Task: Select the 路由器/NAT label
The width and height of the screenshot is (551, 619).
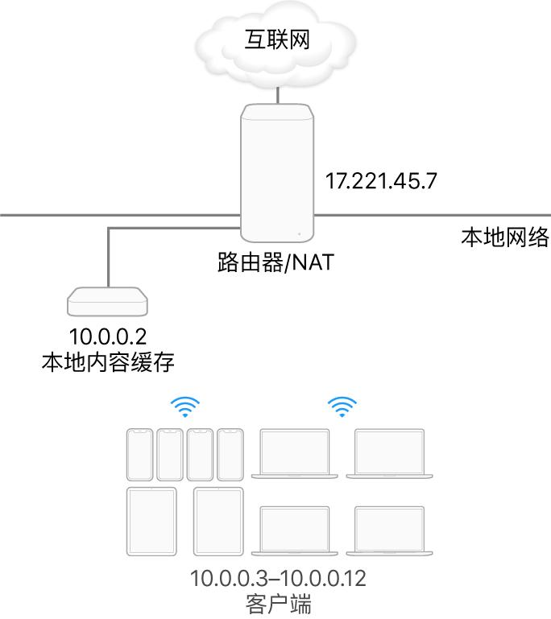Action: click(276, 263)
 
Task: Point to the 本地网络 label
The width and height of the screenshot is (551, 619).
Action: click(504, 237)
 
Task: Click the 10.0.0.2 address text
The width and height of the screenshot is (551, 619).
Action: click(109, 335)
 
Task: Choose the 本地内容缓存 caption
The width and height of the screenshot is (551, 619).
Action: click(109, 361)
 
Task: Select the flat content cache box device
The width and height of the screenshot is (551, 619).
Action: click(109, 302)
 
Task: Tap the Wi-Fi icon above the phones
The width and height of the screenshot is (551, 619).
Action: click(185, 409)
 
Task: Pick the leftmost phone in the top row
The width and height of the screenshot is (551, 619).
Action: click(139, 455)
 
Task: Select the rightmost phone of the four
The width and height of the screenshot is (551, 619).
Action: click(230, 455)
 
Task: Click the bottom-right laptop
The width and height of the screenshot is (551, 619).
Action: click(390, 530)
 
